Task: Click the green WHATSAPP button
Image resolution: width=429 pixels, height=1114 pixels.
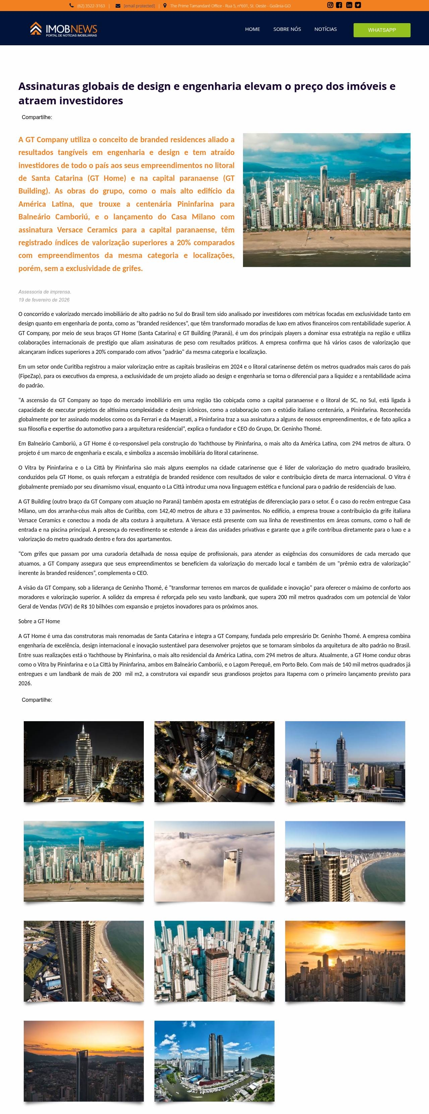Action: pyautogui.click(x=381, y=30)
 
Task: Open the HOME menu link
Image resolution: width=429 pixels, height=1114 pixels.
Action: pyautogui.click(x=252, y=29)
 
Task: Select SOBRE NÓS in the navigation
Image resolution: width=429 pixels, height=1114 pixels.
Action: pyautogui.click(x=287, y=29)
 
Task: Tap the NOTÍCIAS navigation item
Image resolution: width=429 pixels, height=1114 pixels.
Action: pyautogui.click(x=325, y=29)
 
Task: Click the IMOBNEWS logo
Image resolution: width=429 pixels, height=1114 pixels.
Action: pyautogui.click(x=63, y=29)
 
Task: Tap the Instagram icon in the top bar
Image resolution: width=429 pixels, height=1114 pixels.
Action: pyautogui.click(x=330, y=5)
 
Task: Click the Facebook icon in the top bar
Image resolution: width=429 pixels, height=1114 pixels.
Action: pyautogui.click(x=339, y=5)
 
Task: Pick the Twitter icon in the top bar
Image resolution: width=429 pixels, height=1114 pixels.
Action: pyautogui.click(x=358, y=5)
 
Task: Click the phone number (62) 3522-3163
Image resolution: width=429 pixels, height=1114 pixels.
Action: pyautogui.click(x=91, y=6)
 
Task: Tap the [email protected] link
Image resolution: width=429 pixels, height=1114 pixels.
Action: pyautogui.click(x=139, y=6)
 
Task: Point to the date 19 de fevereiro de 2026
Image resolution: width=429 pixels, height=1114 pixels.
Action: pyautogui.click(x=44, y=300)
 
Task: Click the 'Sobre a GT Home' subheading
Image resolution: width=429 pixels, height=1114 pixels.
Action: pyautogui.click(x=39, y=621)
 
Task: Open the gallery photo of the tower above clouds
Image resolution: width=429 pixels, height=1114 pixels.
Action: pyautogui.click(x=214, y=861)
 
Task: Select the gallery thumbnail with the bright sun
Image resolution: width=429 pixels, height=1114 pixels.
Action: pyautogui.click(x=345, y=961)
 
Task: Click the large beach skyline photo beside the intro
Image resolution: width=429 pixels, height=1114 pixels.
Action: pyautogui.click(x=327, y=200)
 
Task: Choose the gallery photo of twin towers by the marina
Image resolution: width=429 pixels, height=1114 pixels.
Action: pyautogui.click(x=214, y=1061)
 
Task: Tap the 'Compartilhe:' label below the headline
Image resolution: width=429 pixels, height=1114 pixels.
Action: pyautogui.click(x=37, y=117)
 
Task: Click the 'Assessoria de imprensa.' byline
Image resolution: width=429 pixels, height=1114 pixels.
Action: pyautogui.click(x=45, y=292)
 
